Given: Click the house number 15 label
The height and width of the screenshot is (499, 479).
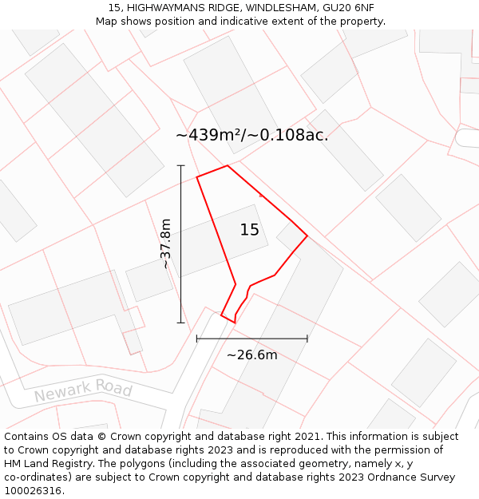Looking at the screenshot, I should (x=250, y=230).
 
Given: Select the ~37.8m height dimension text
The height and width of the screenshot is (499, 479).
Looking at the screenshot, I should (x=166, y=244).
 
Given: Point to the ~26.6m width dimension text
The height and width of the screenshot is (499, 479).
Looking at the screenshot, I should (x=251, y=354).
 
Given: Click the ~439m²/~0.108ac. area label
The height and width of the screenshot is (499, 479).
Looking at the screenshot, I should (x=252, y=135).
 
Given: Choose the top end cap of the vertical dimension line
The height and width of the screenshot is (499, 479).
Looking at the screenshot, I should (x=181, y=165).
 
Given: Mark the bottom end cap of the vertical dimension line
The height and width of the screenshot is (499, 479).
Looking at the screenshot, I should (x=181, y=323).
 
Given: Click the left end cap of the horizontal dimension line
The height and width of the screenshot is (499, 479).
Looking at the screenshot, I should (x=197, y=339).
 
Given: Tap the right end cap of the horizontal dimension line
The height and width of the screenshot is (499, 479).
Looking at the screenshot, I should (x=307, y=339).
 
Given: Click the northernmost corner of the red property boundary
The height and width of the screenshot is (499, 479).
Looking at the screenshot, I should (x=228, y=166).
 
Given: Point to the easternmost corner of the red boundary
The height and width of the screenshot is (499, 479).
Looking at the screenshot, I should (x=307, y=236).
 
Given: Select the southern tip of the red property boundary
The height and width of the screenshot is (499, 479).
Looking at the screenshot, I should (x=235, y=323).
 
